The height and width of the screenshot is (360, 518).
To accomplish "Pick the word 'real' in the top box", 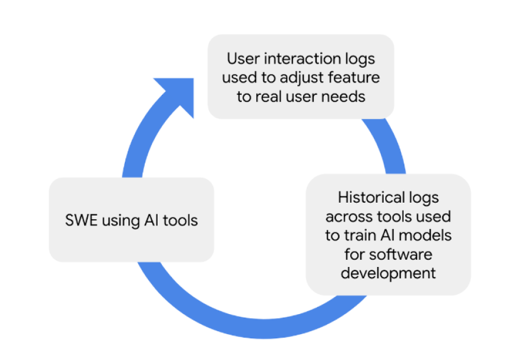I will [x=267, y=96].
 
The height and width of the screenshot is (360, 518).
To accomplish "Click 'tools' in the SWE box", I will [x=178, y=220].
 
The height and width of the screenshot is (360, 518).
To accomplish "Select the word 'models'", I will [x=425, y=235].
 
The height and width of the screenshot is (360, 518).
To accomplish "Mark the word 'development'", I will [x=388, y=273].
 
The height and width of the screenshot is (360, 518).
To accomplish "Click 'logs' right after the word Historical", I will [x=423, y=197].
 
